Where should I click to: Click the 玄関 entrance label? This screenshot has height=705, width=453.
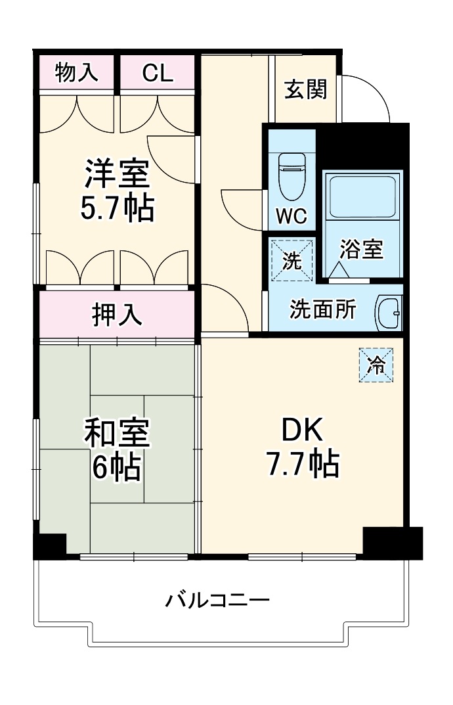point(305,89)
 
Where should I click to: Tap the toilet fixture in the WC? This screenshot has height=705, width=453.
point(291,175)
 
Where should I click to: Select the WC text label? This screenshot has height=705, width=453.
point(291,216)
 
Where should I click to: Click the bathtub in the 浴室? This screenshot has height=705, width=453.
point(362,195)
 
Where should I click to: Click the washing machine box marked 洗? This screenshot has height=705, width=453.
point(292,260)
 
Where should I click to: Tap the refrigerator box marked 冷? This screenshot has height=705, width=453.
point(376,365)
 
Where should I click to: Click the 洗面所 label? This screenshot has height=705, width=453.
point(323,309)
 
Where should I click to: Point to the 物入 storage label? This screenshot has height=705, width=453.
point(77,73)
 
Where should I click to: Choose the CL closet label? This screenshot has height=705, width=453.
point(158,74)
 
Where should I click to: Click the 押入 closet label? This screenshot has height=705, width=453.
point(117,315)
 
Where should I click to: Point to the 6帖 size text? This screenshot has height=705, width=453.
point(116,466)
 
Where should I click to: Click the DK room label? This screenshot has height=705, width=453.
point(302,430)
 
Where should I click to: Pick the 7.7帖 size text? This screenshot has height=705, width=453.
point(302,465)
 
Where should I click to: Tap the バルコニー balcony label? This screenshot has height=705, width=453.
point(217,601)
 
